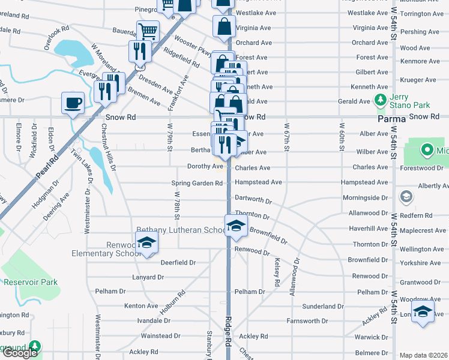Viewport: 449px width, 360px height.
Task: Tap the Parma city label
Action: [391, 119]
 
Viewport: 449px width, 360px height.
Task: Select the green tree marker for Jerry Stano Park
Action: [379, 99]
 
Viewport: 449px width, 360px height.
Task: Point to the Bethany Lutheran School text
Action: [180, 230]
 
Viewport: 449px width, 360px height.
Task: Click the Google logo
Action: [19, 353]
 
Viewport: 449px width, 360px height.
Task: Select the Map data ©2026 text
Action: [423, 355]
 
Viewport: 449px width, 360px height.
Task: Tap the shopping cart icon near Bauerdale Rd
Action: [148, 31]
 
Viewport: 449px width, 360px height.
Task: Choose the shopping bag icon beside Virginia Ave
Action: [224, 27]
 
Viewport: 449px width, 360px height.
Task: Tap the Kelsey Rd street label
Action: [277, 272]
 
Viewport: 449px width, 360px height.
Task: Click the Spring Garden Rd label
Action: [197, 183]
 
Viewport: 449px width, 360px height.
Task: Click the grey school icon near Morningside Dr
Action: [406, 197]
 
